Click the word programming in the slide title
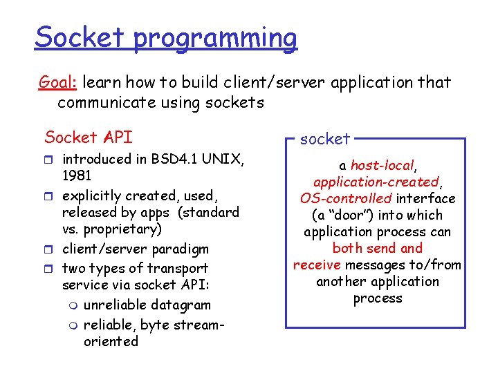(x=215, y=39)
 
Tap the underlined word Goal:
(x=58, y=83)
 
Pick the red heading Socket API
(x=88, y=136)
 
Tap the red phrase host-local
(x=382, y=165)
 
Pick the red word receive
(x=317, y=265)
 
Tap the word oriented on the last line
(x=111, y=341)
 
